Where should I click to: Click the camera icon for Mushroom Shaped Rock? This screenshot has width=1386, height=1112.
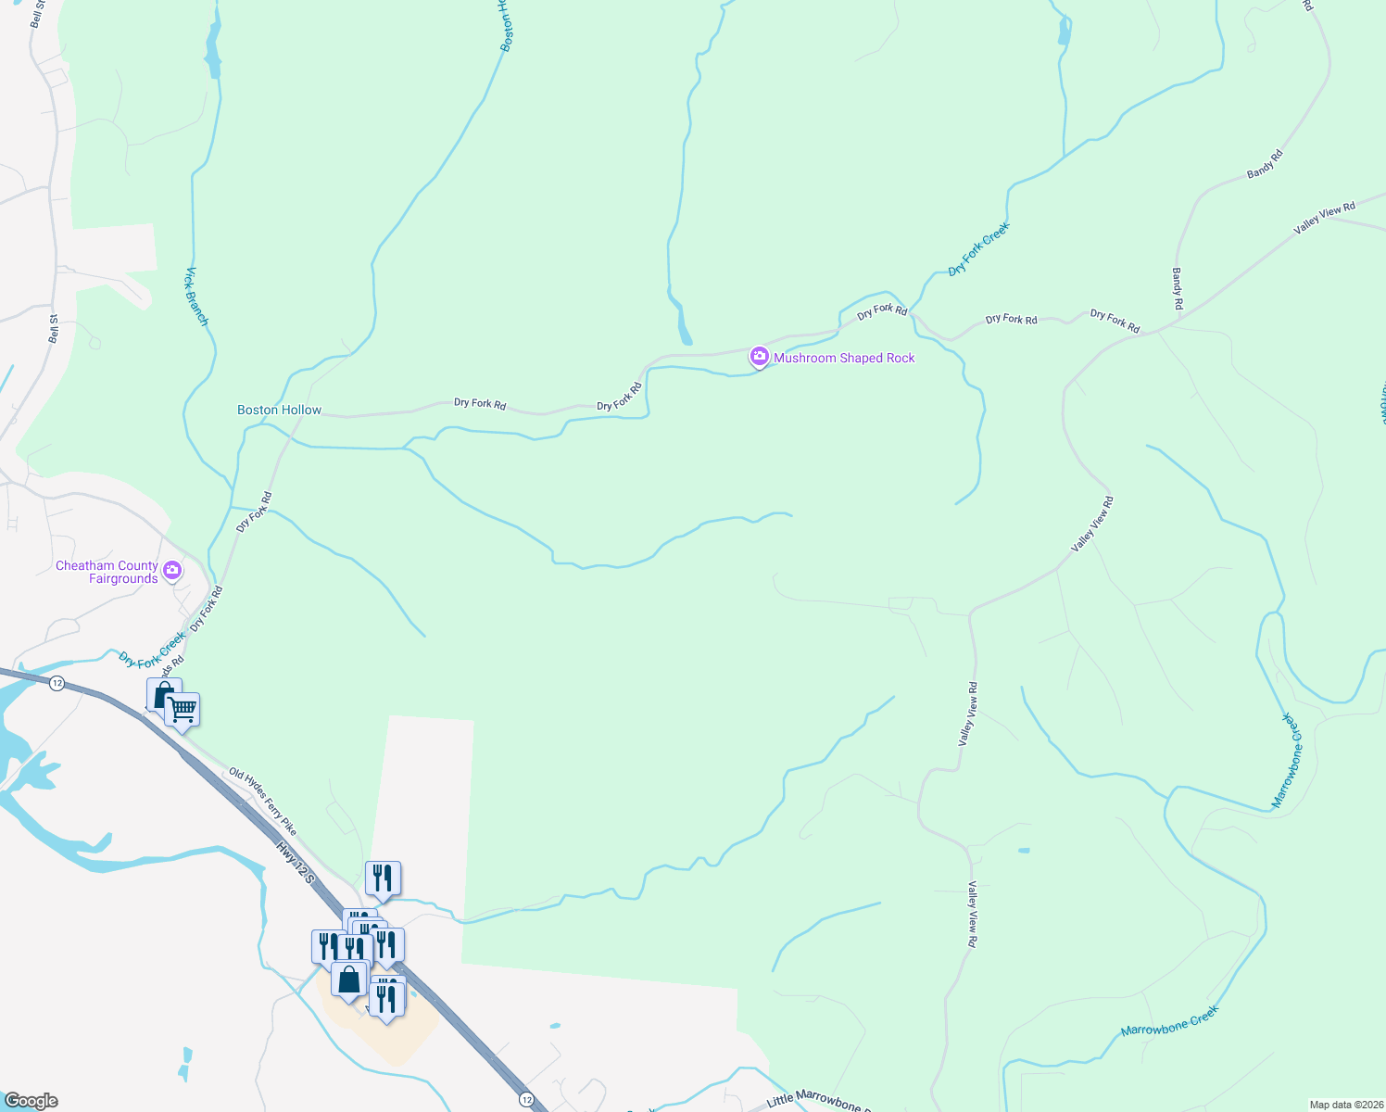point(759,357)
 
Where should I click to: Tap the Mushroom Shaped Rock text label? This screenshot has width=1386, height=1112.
point(844,358)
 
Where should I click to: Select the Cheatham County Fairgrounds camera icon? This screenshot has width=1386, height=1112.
point(172,571)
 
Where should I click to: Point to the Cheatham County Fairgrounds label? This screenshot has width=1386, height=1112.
point(107,572)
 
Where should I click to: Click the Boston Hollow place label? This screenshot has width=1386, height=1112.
point(279,410)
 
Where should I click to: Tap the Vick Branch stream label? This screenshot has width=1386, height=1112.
point(197,297)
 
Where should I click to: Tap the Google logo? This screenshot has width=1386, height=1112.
point(31,1101)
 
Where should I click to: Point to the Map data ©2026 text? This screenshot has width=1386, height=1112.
point(1345,1105)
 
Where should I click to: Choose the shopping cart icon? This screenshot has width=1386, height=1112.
point(183,711)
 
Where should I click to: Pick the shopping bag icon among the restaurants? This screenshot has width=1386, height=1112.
point(349,980)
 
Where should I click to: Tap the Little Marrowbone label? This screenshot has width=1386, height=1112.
point(814,1100)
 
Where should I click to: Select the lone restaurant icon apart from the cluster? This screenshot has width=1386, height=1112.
point(383,878)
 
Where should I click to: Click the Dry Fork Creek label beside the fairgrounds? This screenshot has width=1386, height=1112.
point(152,650)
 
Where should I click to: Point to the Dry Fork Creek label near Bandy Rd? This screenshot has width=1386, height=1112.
point(978,248)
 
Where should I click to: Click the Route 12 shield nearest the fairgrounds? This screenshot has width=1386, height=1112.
point(57,683)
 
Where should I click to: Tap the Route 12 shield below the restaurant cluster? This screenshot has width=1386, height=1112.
point(526,1099)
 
